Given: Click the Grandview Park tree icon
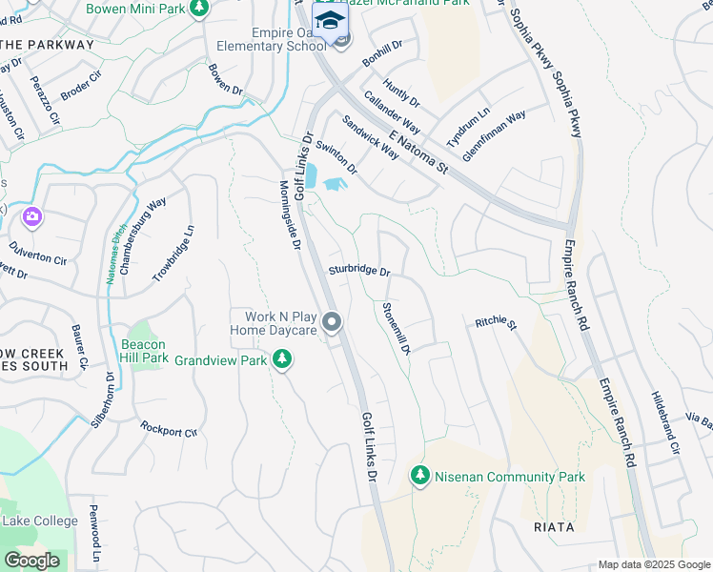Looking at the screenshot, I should point(281,359).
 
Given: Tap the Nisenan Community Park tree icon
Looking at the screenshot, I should point(418,474).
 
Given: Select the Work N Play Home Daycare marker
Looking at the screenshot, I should point(332,323).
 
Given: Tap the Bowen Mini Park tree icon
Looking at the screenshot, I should point(199,9).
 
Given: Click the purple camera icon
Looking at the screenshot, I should point(32,217).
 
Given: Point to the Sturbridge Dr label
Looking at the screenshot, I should point(360,272).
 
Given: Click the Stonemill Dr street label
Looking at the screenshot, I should point(396,329).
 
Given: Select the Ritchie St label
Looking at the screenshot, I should point(496,324).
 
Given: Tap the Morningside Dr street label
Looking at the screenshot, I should point(290,215).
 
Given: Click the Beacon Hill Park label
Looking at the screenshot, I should point(144,351).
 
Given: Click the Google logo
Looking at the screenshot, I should point(31,561).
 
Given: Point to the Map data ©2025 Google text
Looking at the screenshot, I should point(654,564).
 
